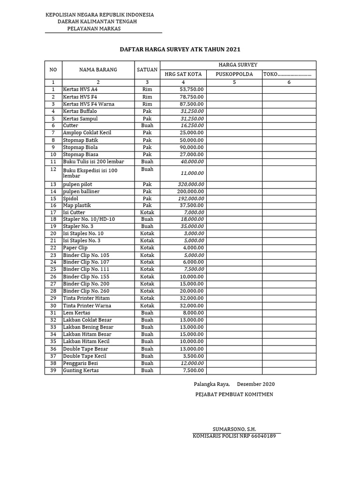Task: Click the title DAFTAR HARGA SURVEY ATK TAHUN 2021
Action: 180,49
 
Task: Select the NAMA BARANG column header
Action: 98,70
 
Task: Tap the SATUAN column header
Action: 147,70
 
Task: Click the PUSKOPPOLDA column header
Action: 234,74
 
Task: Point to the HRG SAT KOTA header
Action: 183,74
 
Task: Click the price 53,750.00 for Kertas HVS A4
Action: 192,89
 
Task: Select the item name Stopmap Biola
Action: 80,147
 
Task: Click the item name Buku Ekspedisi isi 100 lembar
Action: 90,173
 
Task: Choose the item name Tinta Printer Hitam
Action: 86,298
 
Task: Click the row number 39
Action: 53,371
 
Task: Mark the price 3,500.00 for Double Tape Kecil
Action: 193,356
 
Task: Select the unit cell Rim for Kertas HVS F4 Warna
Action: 147,104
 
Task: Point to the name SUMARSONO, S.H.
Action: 234,429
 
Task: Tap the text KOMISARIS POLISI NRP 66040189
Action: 234,436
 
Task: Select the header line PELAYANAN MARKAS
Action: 94,29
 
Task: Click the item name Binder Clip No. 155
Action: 86,277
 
